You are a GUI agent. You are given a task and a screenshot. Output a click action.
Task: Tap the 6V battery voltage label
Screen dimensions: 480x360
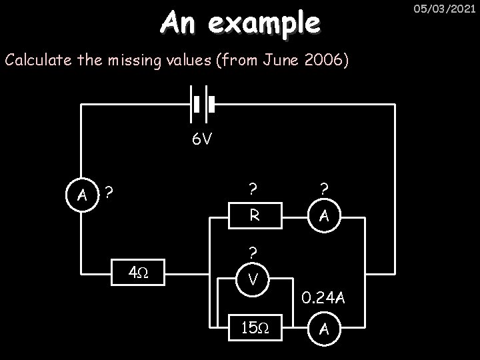201,140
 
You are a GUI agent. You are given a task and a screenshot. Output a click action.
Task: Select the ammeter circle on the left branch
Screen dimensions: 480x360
81,195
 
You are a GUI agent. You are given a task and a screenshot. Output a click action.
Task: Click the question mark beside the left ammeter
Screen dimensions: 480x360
108,192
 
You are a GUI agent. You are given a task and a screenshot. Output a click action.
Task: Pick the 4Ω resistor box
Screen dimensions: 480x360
136,273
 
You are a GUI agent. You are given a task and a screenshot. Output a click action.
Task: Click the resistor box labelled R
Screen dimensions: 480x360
254,215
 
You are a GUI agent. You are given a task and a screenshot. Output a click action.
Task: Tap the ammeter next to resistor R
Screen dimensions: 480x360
323,215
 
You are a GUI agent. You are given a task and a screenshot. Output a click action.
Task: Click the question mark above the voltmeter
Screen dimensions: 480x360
253,253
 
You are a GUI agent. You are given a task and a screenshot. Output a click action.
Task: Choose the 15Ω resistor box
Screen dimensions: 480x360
254,328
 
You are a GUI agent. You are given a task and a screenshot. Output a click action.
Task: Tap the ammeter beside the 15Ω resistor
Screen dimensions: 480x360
323,328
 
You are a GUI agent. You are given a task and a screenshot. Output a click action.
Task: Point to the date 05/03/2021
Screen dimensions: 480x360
447,9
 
